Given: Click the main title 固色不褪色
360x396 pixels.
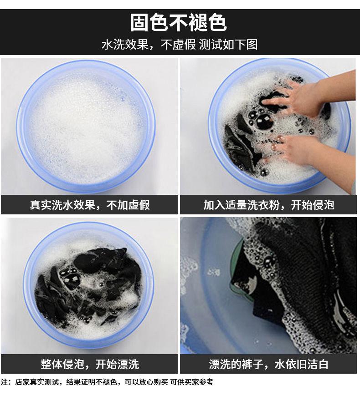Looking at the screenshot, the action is (179, 23).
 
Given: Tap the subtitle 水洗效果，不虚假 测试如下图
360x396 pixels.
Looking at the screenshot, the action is (180, 45).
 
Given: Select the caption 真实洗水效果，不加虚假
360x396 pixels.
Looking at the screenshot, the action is (90, 205).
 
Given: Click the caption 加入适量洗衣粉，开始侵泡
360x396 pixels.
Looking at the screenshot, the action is (269, 205).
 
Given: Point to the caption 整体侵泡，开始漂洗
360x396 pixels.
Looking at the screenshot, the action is (90, 364).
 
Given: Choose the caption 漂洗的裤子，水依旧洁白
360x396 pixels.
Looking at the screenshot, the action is (268, 364).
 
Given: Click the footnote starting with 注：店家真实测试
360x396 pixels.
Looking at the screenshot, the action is (107, 382).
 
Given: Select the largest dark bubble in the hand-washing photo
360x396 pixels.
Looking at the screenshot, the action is (264, 121).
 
